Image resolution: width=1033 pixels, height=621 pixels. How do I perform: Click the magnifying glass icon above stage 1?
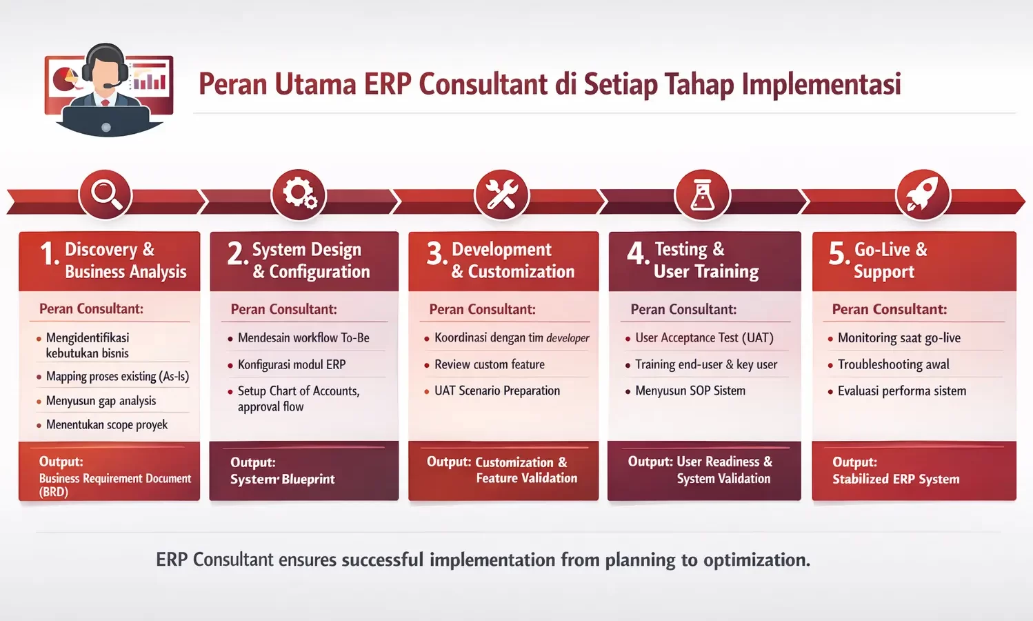coord(106,194)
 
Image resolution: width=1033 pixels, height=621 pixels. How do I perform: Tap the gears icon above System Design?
coord(299,194)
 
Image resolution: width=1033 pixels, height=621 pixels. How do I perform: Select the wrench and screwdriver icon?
coord(502,194)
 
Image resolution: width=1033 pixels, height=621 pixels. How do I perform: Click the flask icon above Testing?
coord(702,194)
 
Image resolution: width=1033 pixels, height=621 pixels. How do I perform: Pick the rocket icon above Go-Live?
coord(923,194)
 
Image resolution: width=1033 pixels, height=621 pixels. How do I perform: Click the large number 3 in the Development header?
coord(435,254)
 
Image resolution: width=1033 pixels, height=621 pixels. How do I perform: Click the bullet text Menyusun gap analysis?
coord(101,401)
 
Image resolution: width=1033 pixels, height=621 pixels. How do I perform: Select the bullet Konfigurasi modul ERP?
coord(292,364)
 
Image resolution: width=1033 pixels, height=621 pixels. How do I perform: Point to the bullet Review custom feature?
coord(489,364)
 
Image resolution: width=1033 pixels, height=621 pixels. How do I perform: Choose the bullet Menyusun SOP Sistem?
coord(690,391)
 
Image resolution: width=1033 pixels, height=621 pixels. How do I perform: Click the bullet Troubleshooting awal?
coord(893,364)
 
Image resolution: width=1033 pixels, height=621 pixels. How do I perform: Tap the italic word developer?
coord(568,338)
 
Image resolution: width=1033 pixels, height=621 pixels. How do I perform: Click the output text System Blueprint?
coord(282,479)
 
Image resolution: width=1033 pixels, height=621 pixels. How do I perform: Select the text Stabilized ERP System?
coord(895,479)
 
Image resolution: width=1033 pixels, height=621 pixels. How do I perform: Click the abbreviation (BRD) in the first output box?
coord(53,492)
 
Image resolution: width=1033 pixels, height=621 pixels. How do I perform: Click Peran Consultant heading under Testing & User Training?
coord(683,309)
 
